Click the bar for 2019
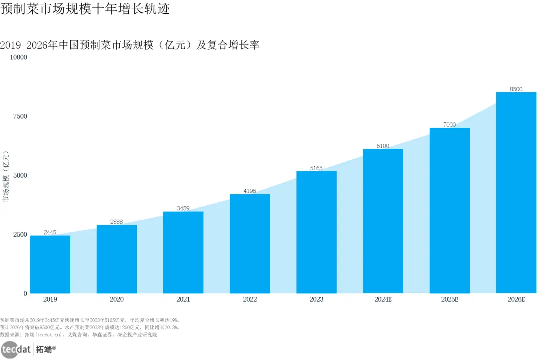click(x=50, y=264)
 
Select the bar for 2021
click(x=183, y=252)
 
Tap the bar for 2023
click(x=317, y=232)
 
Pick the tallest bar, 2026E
click(x=516, y=193)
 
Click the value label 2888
click(x=116, y=222)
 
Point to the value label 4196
click(x=250, y=191)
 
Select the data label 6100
click(x=383, y=146)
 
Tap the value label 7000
click(x=450, y=124)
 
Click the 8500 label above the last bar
click(x=516, y=89)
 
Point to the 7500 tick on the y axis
click(x=20, y=116)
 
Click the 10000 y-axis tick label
click(x=18, y=57)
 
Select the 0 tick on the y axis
click(x=25, y=294)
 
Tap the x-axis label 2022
click(x=250, y=299)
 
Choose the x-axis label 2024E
click(x=383, y=299)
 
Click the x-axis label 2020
click(x=116, y=299)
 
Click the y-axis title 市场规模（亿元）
click(x=6, y=176)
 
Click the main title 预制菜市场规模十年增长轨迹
click(x=85, y=9)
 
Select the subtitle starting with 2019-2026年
click(x=130, y=45)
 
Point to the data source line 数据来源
click(x=78, y=335)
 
